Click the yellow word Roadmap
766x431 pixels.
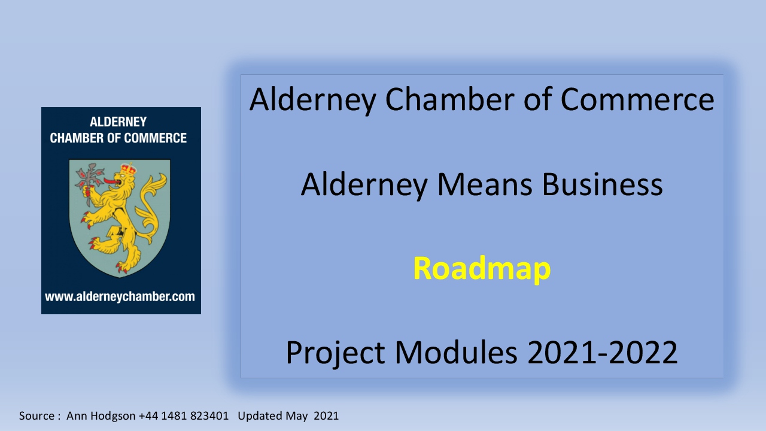pos(482,269)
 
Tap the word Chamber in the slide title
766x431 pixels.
pos(449,99)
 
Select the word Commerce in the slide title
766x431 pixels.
pos(637,99)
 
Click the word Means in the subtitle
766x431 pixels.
pos(485,185)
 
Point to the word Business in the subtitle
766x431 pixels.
pos(602,185)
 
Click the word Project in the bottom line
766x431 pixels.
pos(335,353)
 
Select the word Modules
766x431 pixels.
pos(456,353)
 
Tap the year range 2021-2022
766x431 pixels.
pos(603,353)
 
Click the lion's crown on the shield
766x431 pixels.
pos(128,169)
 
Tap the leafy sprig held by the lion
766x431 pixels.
pos(90,178)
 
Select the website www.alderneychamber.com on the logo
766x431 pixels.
pos(120,296)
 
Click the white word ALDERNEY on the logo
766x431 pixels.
pos(118,122)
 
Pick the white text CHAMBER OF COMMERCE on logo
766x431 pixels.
pos(118,138)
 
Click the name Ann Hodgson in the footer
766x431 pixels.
pos(101,416)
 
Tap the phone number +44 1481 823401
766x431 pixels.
pos(183,415)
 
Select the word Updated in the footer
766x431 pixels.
pos(260,416)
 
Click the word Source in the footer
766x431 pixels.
pos(37,416)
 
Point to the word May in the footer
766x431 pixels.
pos(296,416)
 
